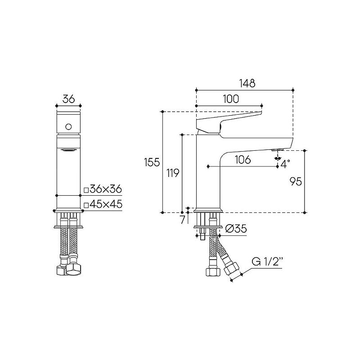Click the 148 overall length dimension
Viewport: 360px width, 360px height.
tap(247, 83)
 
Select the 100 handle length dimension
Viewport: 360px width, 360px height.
tap(231, 99)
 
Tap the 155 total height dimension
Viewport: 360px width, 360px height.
tap(152, 162)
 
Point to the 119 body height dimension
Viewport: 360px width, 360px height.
tap(172, 173)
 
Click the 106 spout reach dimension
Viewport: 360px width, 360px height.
tap(243, 160)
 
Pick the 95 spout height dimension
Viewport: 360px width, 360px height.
tap(296, 182)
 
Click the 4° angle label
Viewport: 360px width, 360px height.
tap(285, 164)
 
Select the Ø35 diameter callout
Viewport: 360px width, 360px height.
tap(236, 229)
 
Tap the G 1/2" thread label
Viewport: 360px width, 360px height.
tap(267, 261)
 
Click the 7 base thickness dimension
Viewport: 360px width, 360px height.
tap(183, 220)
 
